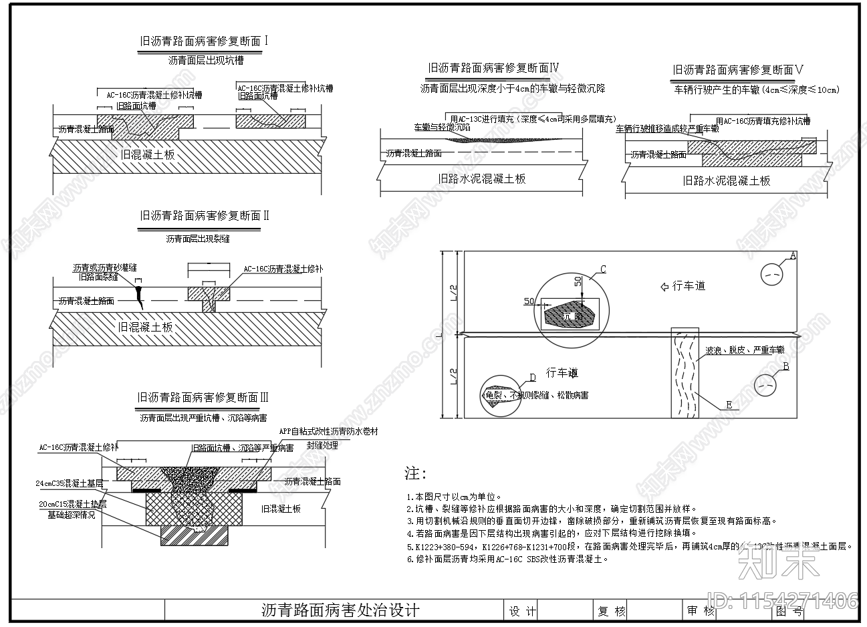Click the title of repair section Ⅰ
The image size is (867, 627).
pos(203,41)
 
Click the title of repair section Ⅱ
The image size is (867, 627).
pos(204,216)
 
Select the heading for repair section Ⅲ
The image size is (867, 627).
pos(203,398)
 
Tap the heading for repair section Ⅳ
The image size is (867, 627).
pos(493,68)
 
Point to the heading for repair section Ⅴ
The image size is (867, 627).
pos(738,70)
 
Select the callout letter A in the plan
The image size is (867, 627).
pos(793,255)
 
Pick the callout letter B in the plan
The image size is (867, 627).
pos(785,366)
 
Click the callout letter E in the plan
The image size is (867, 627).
pos(729,405)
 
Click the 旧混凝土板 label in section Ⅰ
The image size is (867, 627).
pos(148,154)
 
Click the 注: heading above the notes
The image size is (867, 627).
pos(415,474)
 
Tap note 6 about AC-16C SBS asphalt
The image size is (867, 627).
pos(508,559)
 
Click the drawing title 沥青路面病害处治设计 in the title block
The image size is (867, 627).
pos(340,610)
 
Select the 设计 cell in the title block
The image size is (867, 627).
pos(522,611)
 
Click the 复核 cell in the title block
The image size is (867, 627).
pos(611,611)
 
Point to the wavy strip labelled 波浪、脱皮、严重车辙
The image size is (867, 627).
pos(685,374)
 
